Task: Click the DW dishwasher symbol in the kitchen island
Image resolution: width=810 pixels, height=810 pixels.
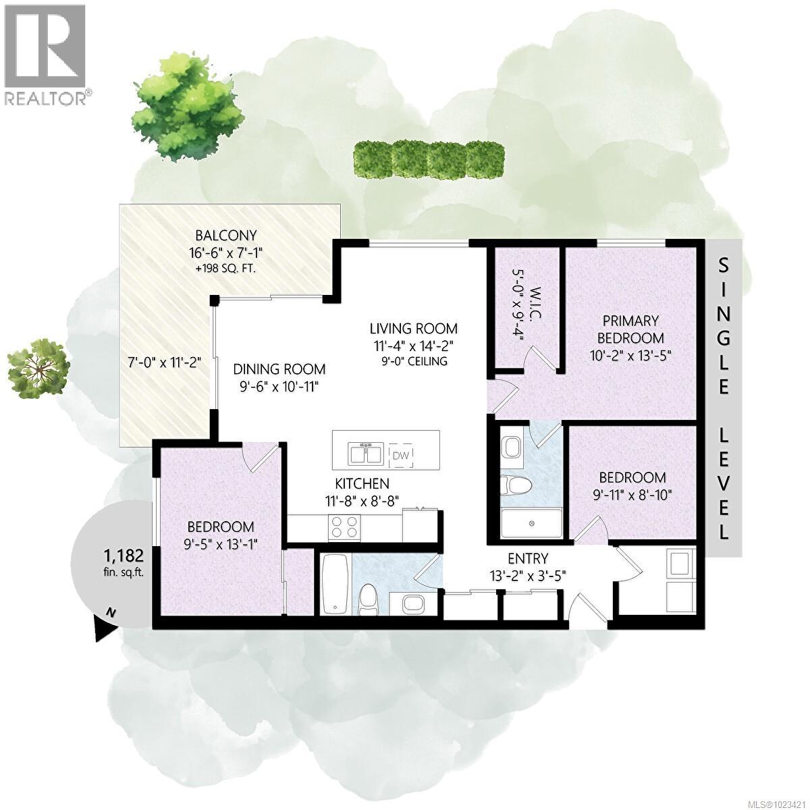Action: (x=403, y=454)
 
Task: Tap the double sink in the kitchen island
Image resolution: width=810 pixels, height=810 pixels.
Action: (x=365, y=453)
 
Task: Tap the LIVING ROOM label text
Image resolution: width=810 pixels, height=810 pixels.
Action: (x=413, y=329)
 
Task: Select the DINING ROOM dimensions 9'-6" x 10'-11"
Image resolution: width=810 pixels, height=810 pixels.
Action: (x=279, y=387)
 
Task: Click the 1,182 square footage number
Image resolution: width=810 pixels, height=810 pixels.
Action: (x=123, y=556)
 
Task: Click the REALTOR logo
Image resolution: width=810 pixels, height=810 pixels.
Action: (x=45, y=54)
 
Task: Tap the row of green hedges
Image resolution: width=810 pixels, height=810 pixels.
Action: (x=429, y=159)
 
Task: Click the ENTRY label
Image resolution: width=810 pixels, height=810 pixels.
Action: (x=528, y=558)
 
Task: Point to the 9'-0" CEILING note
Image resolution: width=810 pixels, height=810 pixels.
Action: (x=413, y=362)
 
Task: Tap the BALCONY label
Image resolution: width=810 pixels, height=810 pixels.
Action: (x=226, y=236)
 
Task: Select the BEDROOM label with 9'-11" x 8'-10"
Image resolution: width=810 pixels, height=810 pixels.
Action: (x=632, y=477)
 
